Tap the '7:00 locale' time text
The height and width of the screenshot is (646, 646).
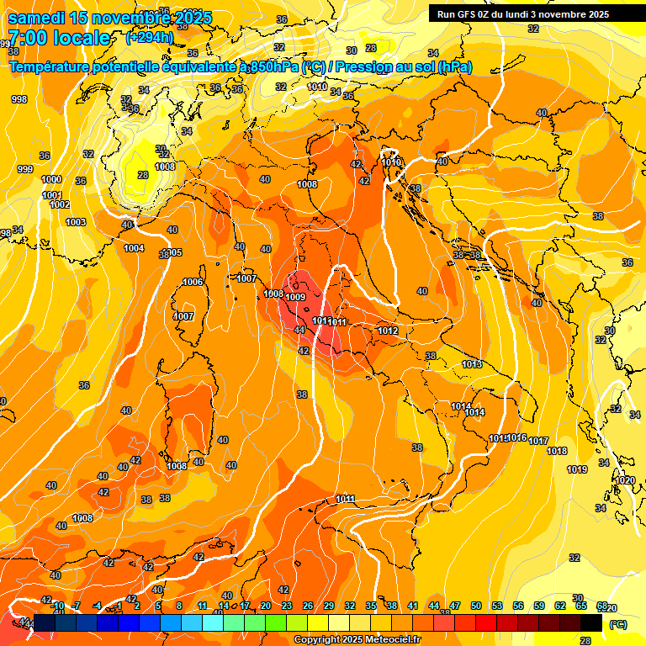59,38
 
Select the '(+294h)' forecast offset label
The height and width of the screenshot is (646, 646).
150,38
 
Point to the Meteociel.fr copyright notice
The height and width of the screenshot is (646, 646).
357,639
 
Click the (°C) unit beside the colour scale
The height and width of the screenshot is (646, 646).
617,624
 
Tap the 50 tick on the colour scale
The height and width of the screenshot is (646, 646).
476,606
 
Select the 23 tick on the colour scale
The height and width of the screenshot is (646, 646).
286,606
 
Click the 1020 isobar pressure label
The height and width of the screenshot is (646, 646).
625,480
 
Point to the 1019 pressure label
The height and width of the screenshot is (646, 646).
577,469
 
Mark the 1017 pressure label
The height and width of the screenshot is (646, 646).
538,441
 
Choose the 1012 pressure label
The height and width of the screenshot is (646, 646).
388,331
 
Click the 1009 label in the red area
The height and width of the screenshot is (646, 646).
295,297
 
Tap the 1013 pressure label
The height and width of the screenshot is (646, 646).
472,364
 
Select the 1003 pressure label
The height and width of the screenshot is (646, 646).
76,222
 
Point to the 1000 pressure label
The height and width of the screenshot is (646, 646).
51,179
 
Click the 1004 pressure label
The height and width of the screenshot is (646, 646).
134,248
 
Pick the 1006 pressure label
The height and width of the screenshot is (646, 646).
193,282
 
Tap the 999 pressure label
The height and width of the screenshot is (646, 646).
25,169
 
